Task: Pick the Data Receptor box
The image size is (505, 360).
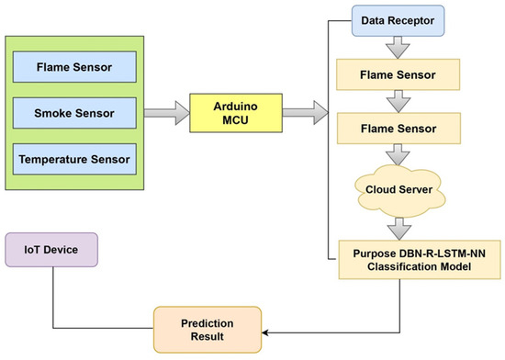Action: pyautogui.click(x=398, y=17)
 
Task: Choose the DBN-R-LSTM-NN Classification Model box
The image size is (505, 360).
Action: pyautogui.click(x=398, y=257)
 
